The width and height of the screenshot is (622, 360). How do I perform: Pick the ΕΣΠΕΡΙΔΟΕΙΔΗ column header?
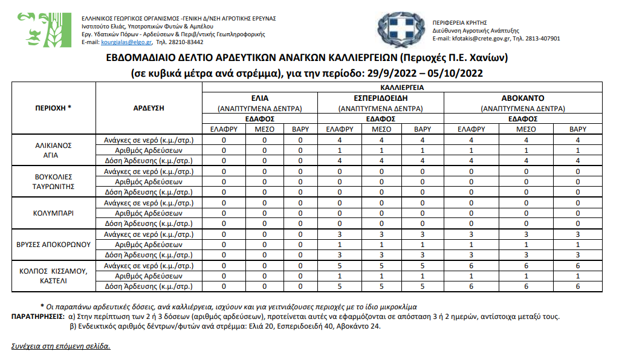pyautogui.click(x=381, y=98)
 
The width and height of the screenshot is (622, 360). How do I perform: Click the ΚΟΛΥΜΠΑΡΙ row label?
pyautogui.click(x=54, y=213)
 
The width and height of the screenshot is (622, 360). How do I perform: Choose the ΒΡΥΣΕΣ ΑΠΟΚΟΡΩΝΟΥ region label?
pyautogui.click(x=54, y=245)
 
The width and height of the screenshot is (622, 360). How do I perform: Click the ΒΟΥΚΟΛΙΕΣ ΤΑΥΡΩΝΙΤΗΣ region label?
pyautogui.click(x=54, y=182)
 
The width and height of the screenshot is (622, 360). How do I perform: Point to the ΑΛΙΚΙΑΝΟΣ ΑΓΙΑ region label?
pyautogui.click(x=54, y=150)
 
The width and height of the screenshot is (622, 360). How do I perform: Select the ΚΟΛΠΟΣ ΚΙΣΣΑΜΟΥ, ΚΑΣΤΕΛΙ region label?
pyautogui.click(x=54, y=276)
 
